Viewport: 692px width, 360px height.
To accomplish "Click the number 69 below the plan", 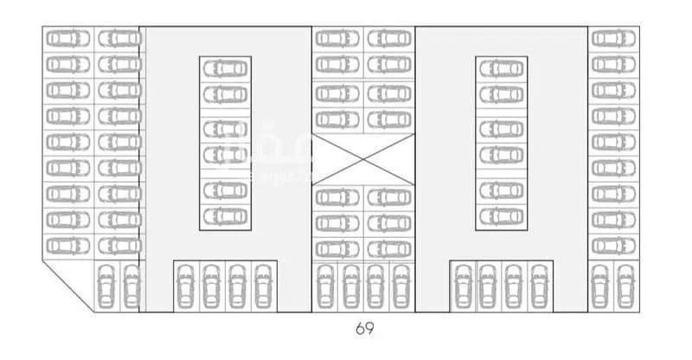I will click(363, 329).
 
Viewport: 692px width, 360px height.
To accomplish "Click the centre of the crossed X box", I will click(363, 160).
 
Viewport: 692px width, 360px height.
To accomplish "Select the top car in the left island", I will click(226, 68).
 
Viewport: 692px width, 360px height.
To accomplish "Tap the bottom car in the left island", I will click(226, 215).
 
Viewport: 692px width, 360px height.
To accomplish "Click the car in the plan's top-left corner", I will click(68, 39).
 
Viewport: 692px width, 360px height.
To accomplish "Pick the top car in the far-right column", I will click(613, 39).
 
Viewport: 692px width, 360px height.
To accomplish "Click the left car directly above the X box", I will click(337, 118).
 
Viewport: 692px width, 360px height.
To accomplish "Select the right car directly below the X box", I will click(389, 197).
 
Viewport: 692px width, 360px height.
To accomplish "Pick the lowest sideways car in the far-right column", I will click(613, 246).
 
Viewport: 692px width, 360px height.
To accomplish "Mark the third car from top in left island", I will click(226, 129).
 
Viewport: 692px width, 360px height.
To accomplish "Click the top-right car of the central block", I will click(389, 39).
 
